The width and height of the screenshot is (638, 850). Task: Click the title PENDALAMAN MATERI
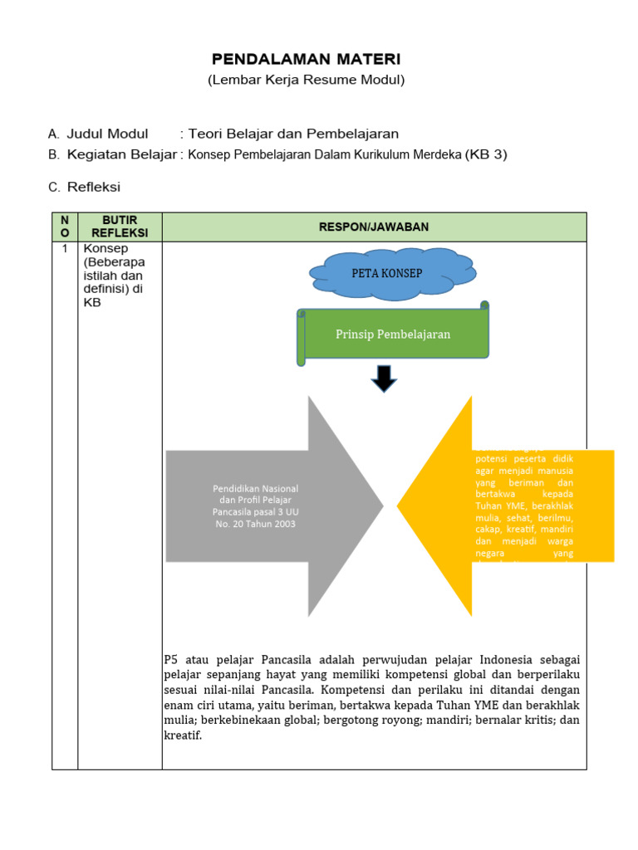[x=306, y=59]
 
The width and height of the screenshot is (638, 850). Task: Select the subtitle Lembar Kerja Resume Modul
[x=306, y=81]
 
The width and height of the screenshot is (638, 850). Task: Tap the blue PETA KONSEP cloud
[x=386, y=273]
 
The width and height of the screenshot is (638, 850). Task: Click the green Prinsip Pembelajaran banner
[x=393, y=335]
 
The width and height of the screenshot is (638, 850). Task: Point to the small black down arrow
[x=384, y=379]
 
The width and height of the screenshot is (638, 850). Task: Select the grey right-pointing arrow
[x=274, y=506]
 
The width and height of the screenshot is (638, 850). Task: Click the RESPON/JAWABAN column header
[x=374, y=227]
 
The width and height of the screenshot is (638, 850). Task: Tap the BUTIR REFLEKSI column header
[x=120, y=227]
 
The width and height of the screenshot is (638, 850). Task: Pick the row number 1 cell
[x=65, y=248]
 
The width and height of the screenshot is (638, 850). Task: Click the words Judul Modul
[x=107, y=134]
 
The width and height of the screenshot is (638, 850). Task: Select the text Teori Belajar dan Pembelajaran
[x=293, y=134]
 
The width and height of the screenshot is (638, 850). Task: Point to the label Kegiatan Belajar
[x=122, y=154]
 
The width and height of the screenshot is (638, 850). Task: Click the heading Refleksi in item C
[x=94, y=188]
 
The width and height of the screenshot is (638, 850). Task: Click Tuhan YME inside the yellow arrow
[x=497, y=506]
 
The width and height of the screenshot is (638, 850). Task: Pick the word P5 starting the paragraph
[x=171, y=660]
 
